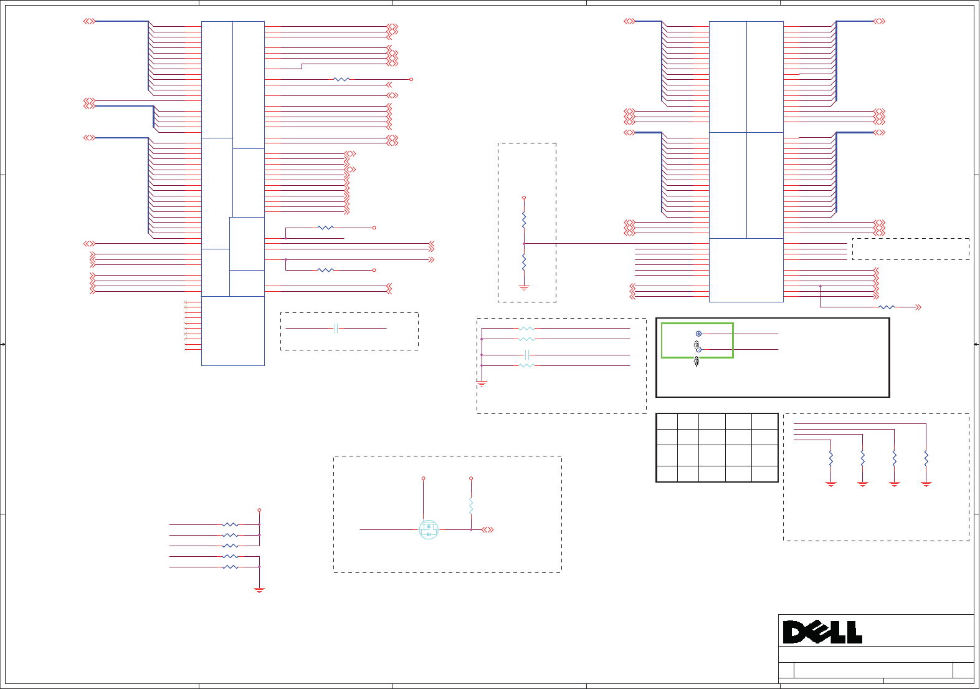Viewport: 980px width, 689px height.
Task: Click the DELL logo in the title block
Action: click(x=822, y=632)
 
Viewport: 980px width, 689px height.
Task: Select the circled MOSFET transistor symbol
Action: click(x=429, y=530)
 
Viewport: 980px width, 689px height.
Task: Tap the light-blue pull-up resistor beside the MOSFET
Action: click(x=471, y=505)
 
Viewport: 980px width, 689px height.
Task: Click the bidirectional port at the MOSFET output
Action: click(x=487, y=529)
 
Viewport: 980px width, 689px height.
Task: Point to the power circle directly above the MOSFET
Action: click(x=424, y=478)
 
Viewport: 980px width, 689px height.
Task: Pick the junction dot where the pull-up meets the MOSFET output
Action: click(x=471, y=529)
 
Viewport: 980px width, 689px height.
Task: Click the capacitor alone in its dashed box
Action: click(x=336, y=328)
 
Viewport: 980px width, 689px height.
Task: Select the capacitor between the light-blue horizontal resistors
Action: click(x=527, y=355)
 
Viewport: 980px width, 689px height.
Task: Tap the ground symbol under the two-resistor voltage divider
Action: click(x=524, y=288)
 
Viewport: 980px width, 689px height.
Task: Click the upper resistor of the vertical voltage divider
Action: click(x=524, y=220)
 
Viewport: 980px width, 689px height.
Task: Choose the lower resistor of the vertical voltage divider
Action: click(x=524, y=263)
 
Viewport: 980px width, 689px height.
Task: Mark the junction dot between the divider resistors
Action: click(x=524, y=243)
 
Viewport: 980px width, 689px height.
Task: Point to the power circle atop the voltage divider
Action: click(x=524, y=198)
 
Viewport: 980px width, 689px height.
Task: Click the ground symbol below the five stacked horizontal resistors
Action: click(x=259, y=590)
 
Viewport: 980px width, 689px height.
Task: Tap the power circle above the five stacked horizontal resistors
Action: click(x=259, y=510)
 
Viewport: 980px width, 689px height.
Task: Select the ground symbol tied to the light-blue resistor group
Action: click(x=482, y=383)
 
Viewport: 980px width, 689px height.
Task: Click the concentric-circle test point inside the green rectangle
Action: click(x=698, y=334)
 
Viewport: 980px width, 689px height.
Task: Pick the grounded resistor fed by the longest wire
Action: click(x=926, y=458)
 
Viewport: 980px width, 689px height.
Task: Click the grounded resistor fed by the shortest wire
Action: click(x=831, y=458)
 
